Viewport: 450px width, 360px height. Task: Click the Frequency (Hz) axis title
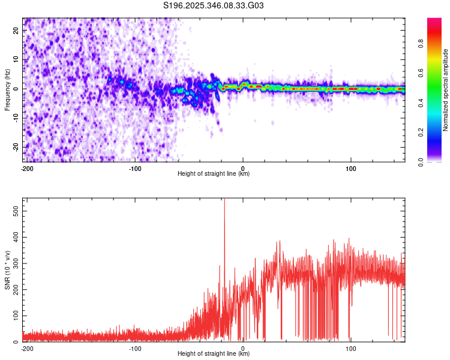point(7,89)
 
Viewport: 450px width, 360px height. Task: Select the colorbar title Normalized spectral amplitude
point(446,89)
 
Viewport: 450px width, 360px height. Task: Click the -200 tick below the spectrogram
point(26,168)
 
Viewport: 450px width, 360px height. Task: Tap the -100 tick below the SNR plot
point(135,348)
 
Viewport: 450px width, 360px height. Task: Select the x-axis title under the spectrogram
point(214,174)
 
